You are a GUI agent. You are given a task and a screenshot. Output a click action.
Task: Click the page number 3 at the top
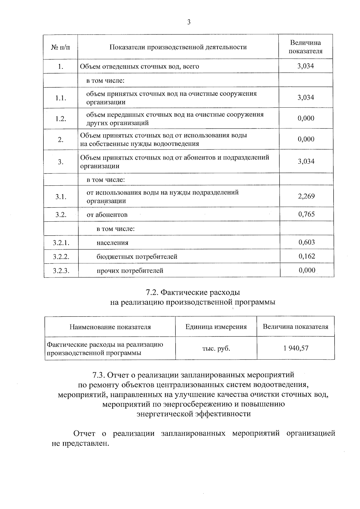click(x=189, y=22)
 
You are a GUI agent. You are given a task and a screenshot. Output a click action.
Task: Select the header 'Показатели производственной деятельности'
click(x=178, y=47)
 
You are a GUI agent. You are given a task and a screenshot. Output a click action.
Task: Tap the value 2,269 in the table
click(x=306, y=196)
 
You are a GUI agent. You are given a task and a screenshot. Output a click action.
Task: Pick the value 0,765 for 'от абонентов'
click(x=306, y=214)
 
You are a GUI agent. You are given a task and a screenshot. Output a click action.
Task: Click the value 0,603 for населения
click(x=307, y=242)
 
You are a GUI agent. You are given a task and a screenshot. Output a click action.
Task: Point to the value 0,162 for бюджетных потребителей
click(x=307, y=256)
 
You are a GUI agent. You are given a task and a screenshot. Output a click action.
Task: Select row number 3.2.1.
click(x=61, y=243)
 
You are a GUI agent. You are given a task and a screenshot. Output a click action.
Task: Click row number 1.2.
click(x=61, y=119)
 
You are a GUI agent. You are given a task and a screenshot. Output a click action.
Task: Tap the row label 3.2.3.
click(x=61, y=271)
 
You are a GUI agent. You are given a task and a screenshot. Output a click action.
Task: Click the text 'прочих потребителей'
click(x=130, y=271)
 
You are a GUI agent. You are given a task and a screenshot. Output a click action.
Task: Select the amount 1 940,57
click(x=296, y=348)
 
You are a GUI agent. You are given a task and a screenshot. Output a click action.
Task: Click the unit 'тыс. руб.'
click(x=216, y=349)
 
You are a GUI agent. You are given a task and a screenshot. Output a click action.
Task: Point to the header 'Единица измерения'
click(x=216, y=327)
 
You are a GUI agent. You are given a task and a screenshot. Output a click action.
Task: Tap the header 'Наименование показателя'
click(x=110, y=327)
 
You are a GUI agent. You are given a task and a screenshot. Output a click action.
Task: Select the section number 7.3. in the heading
click(x=99, y=375)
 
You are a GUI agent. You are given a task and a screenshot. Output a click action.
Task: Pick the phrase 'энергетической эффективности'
click(x=193, y=414)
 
